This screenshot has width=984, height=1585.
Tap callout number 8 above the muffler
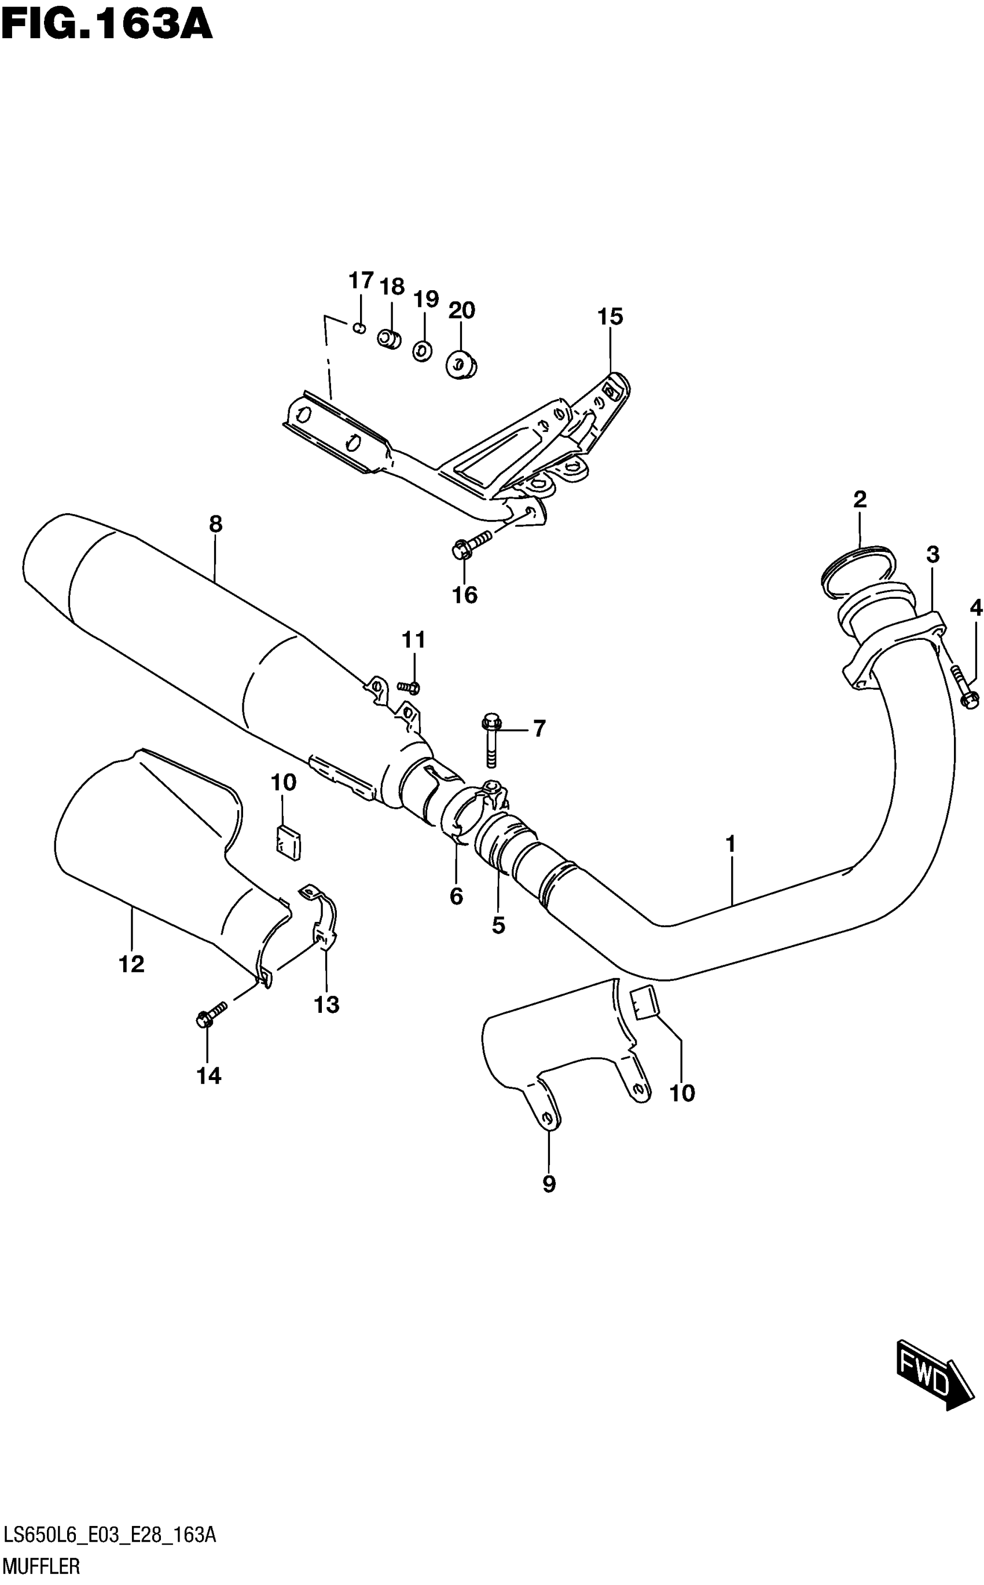coord(215,524)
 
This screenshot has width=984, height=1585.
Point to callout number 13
coord(326,1005)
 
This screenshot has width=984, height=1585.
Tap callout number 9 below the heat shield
coord(549,1185)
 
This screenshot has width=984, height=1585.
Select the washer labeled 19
coord(423,352)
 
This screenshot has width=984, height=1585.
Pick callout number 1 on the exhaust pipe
coord(730,844)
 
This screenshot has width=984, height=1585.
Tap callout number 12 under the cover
coord(131,964)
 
